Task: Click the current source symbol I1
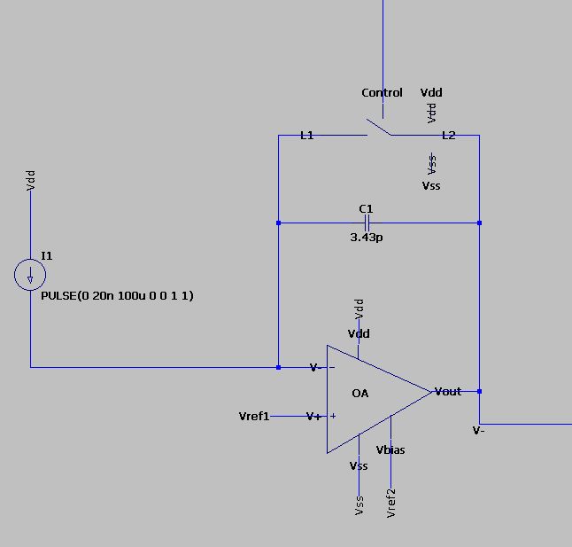pos(30,276)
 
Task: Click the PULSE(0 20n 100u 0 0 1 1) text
pos(117,295)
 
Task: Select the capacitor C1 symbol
pos(367,223)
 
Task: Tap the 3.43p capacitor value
pos(367,238)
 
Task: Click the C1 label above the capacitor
pos(366,209)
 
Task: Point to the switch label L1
pos(307,136)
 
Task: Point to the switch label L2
pos(449,136)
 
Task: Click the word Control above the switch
pos(382,92)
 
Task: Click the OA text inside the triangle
pos(360,393)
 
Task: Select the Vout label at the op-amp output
pos(447,391)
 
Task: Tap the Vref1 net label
pos(254,416)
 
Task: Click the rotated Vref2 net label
pos(390,502)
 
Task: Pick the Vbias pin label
pos(390,449)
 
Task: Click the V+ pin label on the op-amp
pos(314,416)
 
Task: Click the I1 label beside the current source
pos(47,255)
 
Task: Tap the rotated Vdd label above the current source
pos(31,182)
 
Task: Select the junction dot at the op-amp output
pos(479,391)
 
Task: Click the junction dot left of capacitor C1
pos(278,223)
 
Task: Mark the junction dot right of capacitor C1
pos(479,223)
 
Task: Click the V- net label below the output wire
pos(478,431)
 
